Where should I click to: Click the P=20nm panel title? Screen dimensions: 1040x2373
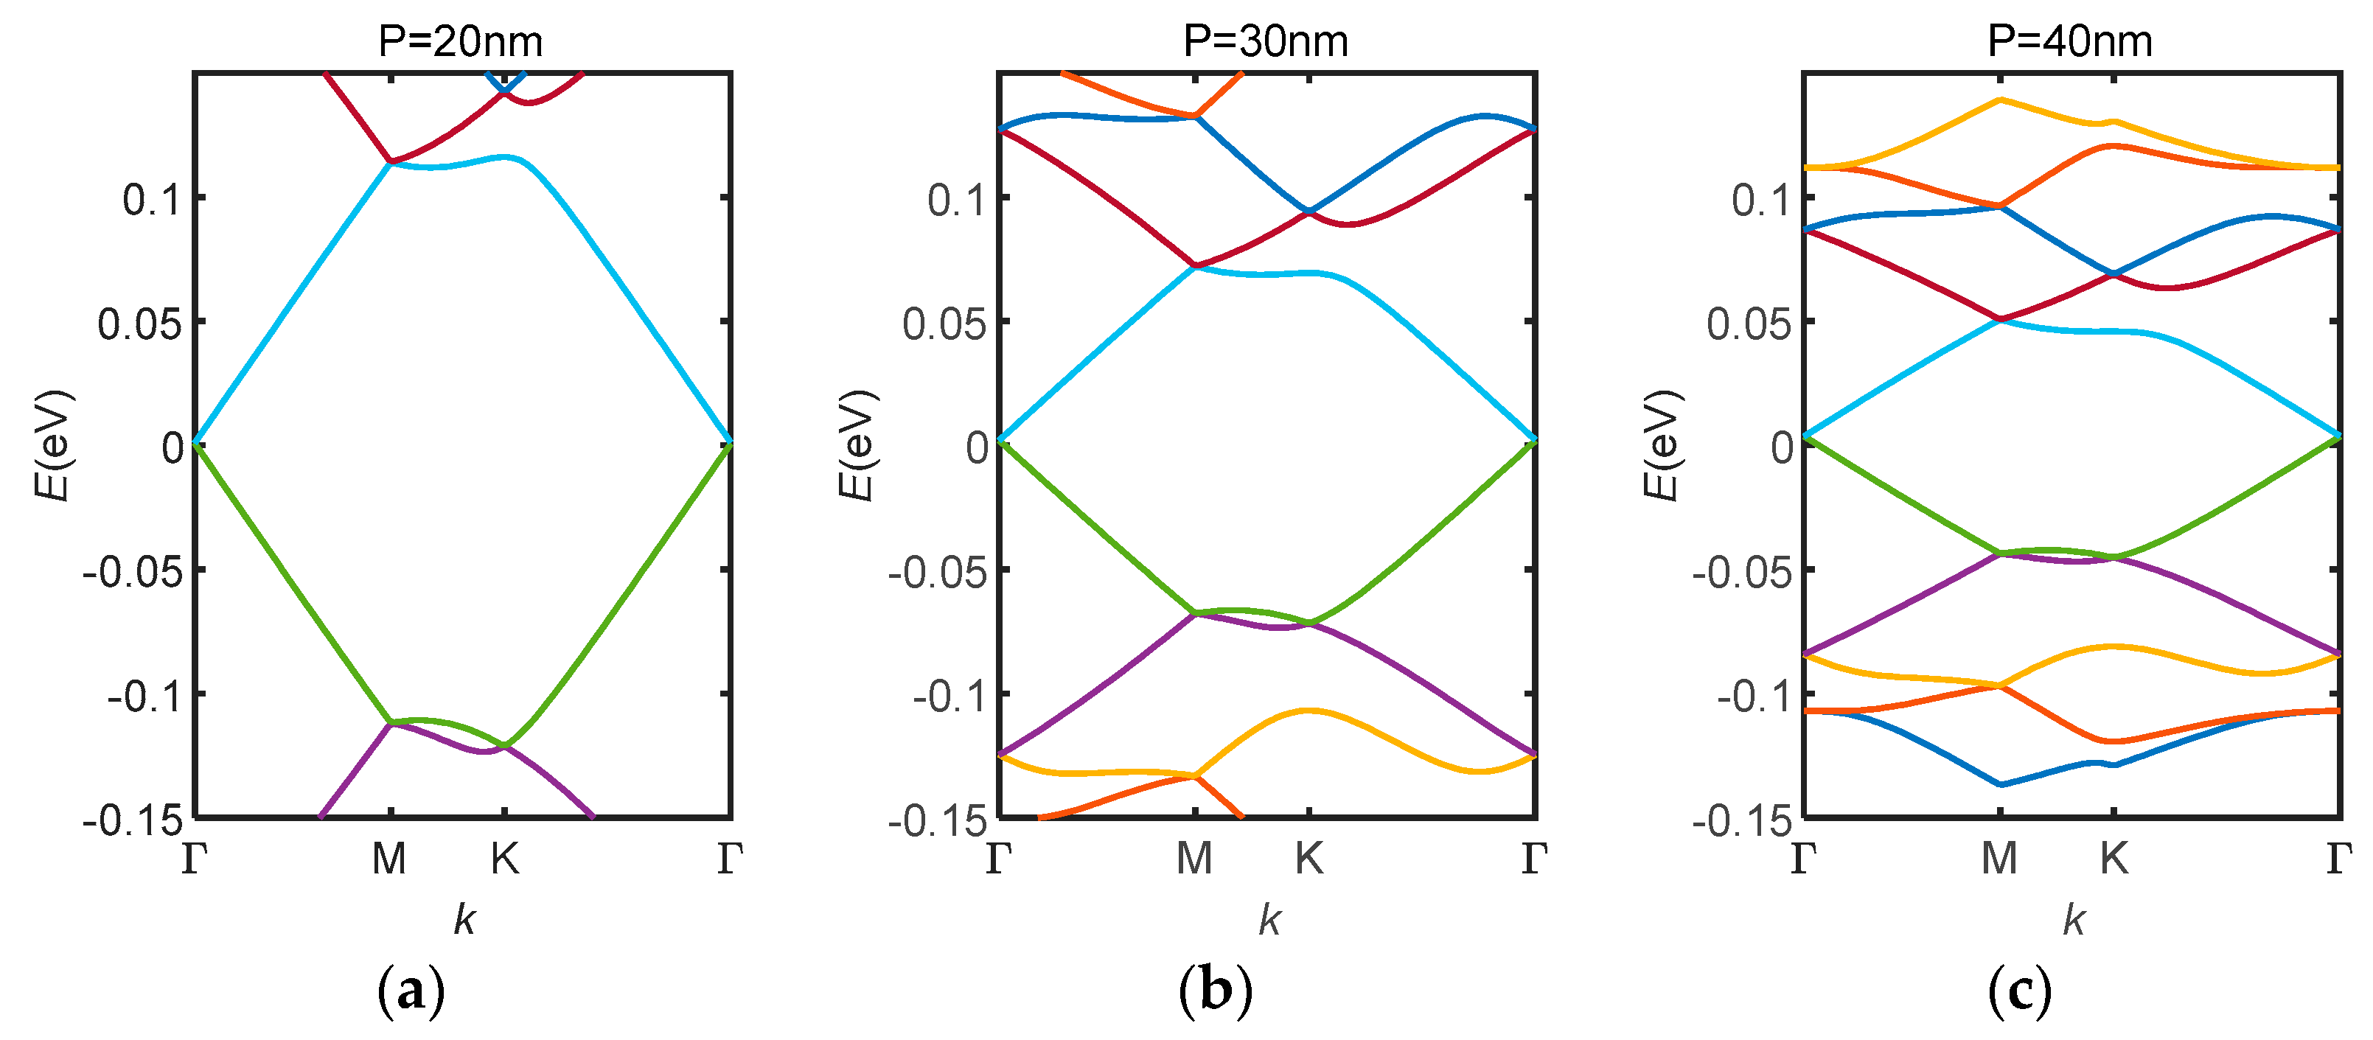click(x=461, y=41)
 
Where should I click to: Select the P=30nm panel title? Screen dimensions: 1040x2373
click(x=1265, y=41)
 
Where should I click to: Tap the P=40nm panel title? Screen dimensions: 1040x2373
click(x=2069, y=41)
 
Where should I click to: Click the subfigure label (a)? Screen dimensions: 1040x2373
click(x=411, y=992)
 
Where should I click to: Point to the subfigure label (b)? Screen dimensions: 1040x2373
click(x=1215, y=992)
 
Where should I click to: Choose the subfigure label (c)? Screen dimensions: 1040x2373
click(x=2019, y=992)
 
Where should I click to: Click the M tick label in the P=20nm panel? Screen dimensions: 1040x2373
click(x=390, y=859)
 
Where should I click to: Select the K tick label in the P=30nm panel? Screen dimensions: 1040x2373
click(x=1309, y=859)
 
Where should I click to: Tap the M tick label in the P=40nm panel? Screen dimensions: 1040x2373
click(x=1999, y=859)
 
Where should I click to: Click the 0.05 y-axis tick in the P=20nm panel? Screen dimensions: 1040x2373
click(x=139, y=324)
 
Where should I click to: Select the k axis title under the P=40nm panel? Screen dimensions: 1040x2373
click(x=2074, y=919)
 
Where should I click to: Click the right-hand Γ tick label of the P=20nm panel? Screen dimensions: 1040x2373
click(x=730, y=859)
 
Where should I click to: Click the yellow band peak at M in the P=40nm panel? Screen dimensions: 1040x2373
click(x=2000, y=100)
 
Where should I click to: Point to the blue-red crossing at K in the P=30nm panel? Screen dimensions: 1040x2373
click(x=1309, y=211)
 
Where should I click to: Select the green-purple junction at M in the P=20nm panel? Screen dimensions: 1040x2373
click(x=391, y=722)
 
